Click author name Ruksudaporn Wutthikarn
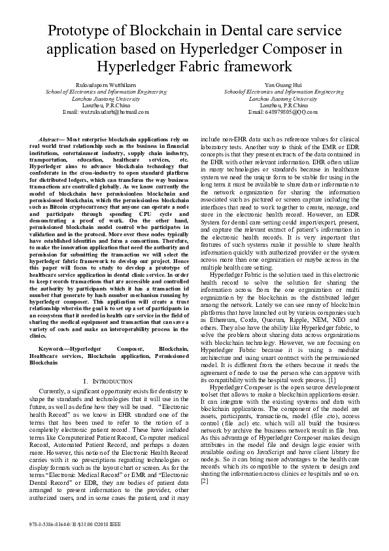[x=97, y=85]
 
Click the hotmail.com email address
[x=97, y=112]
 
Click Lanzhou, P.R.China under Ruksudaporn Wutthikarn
[x=97, y=105]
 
